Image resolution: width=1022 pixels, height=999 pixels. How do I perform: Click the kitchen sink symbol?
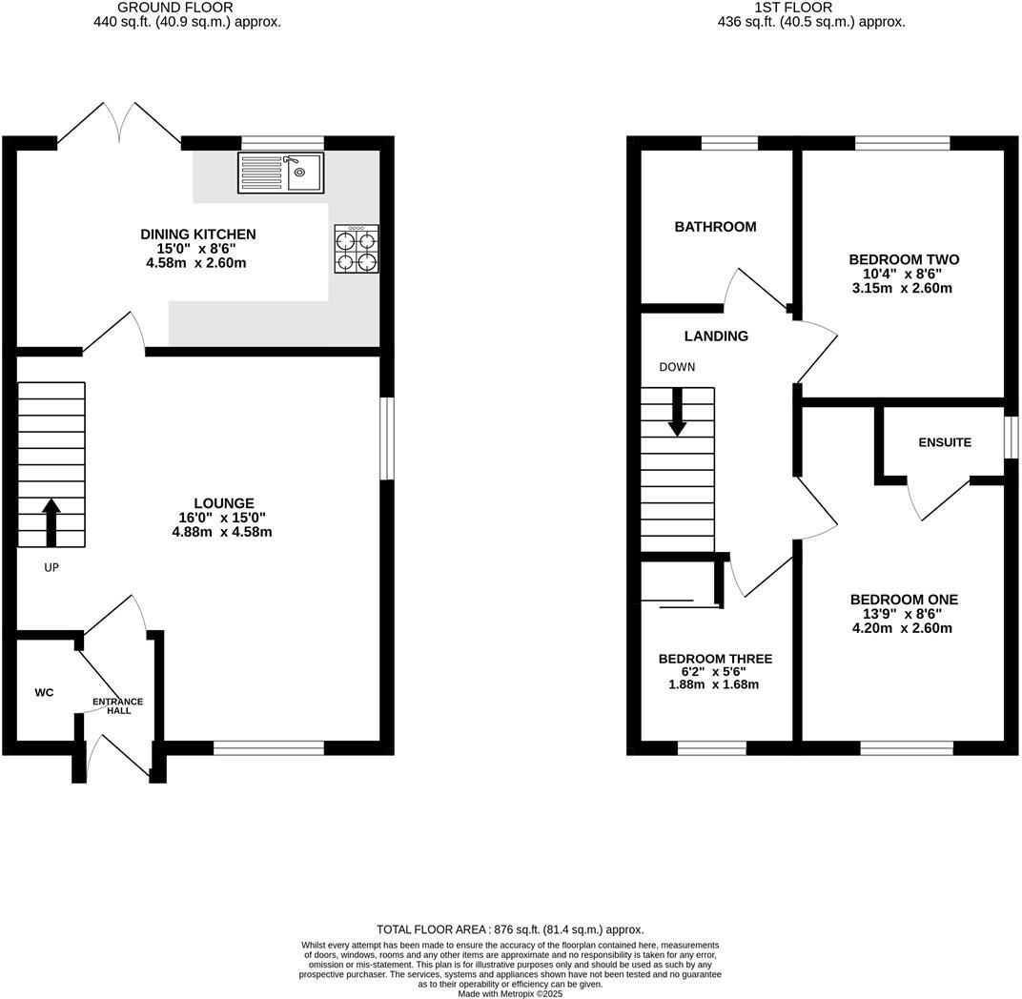click(280, 173)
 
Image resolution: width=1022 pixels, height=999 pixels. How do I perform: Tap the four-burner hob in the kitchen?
click(357, 250)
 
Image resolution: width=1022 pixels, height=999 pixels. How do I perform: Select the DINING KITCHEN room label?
click(198, 234)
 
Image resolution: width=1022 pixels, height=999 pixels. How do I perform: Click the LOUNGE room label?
click(223, 503)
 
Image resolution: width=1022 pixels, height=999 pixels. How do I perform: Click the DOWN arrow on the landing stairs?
click(677, 411)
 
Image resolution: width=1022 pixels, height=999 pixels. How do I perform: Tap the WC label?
click(44, 692)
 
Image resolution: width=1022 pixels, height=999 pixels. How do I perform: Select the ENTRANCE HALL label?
click(117, 706)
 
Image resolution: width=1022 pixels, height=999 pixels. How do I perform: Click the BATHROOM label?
click(715, 227)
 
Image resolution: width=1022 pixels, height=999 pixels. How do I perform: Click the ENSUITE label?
click(945, 442)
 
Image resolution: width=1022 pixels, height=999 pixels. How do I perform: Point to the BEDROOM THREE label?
click(715, 659)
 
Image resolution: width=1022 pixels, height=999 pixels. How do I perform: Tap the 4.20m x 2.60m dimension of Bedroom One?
click(902, 628)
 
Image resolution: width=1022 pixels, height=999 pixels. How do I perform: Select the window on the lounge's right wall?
click(386, 438)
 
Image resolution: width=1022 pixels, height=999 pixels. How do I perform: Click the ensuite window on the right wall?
click(1010, 439)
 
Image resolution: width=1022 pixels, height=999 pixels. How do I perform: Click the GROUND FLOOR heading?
click(188, 8)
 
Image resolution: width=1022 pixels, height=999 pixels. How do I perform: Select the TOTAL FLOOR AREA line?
click(510, 929)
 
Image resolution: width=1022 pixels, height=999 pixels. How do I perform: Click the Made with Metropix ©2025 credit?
click(510, 993)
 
